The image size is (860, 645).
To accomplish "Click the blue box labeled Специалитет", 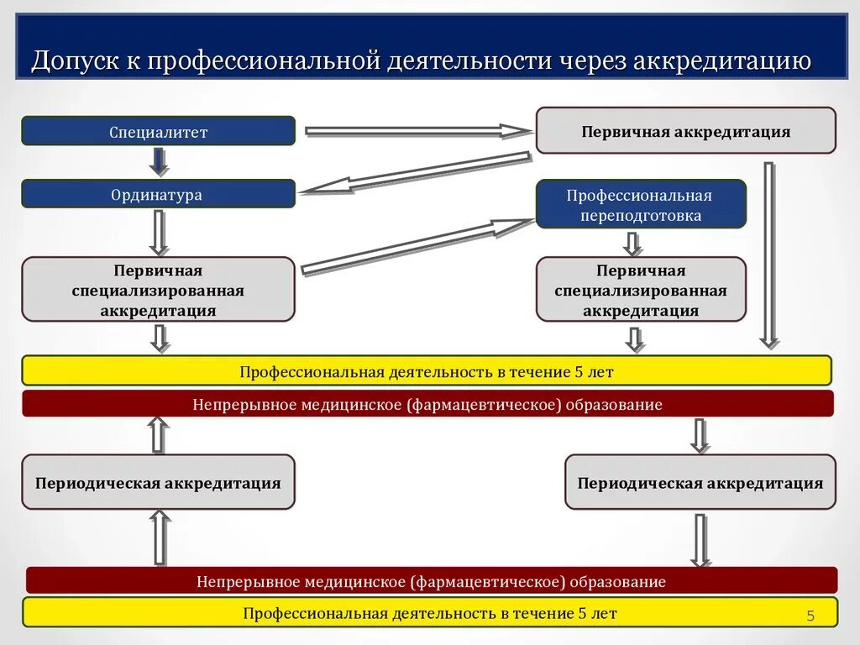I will pyautogui.click(x=158, y=131).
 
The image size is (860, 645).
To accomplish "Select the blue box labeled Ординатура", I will pyautogui.click(x=158, y=194).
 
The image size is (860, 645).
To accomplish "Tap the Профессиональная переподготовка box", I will pyautogui.click(x=641, y=204).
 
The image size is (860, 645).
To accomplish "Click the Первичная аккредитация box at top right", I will pyautogui.click(x=685, y=131).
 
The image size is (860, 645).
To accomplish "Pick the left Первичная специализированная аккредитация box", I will pyautogui.click(x=158, y=290).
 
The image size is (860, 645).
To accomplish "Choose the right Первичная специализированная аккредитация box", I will pyautogui.click(x=641, y=290).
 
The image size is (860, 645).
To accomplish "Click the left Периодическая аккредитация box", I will pyautogui.click(x=158, y=483).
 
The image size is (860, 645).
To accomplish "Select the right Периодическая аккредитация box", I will pyautogui.click(x=700, y=483).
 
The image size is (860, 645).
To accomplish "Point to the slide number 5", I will pyautogui.click(x=810, y=616).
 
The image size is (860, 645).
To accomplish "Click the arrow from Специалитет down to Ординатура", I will pyautogui.click(x=159, y=161).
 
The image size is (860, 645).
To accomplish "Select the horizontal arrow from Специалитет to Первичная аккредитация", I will pyautogui.click(x=417, y=131).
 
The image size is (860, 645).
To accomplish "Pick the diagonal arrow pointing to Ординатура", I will pyautogui.click(x=416, y=173).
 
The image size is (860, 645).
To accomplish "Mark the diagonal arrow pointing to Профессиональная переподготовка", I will pyautogui.click(x=417, y=247).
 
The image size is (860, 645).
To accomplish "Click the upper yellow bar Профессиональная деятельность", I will pyautogui.click(x=427, y=370).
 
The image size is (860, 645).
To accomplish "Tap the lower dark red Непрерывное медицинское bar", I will pyautogui.click(x=432, y=581).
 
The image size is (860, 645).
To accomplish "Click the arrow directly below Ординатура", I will pyautogui.click(x=159, y=232).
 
